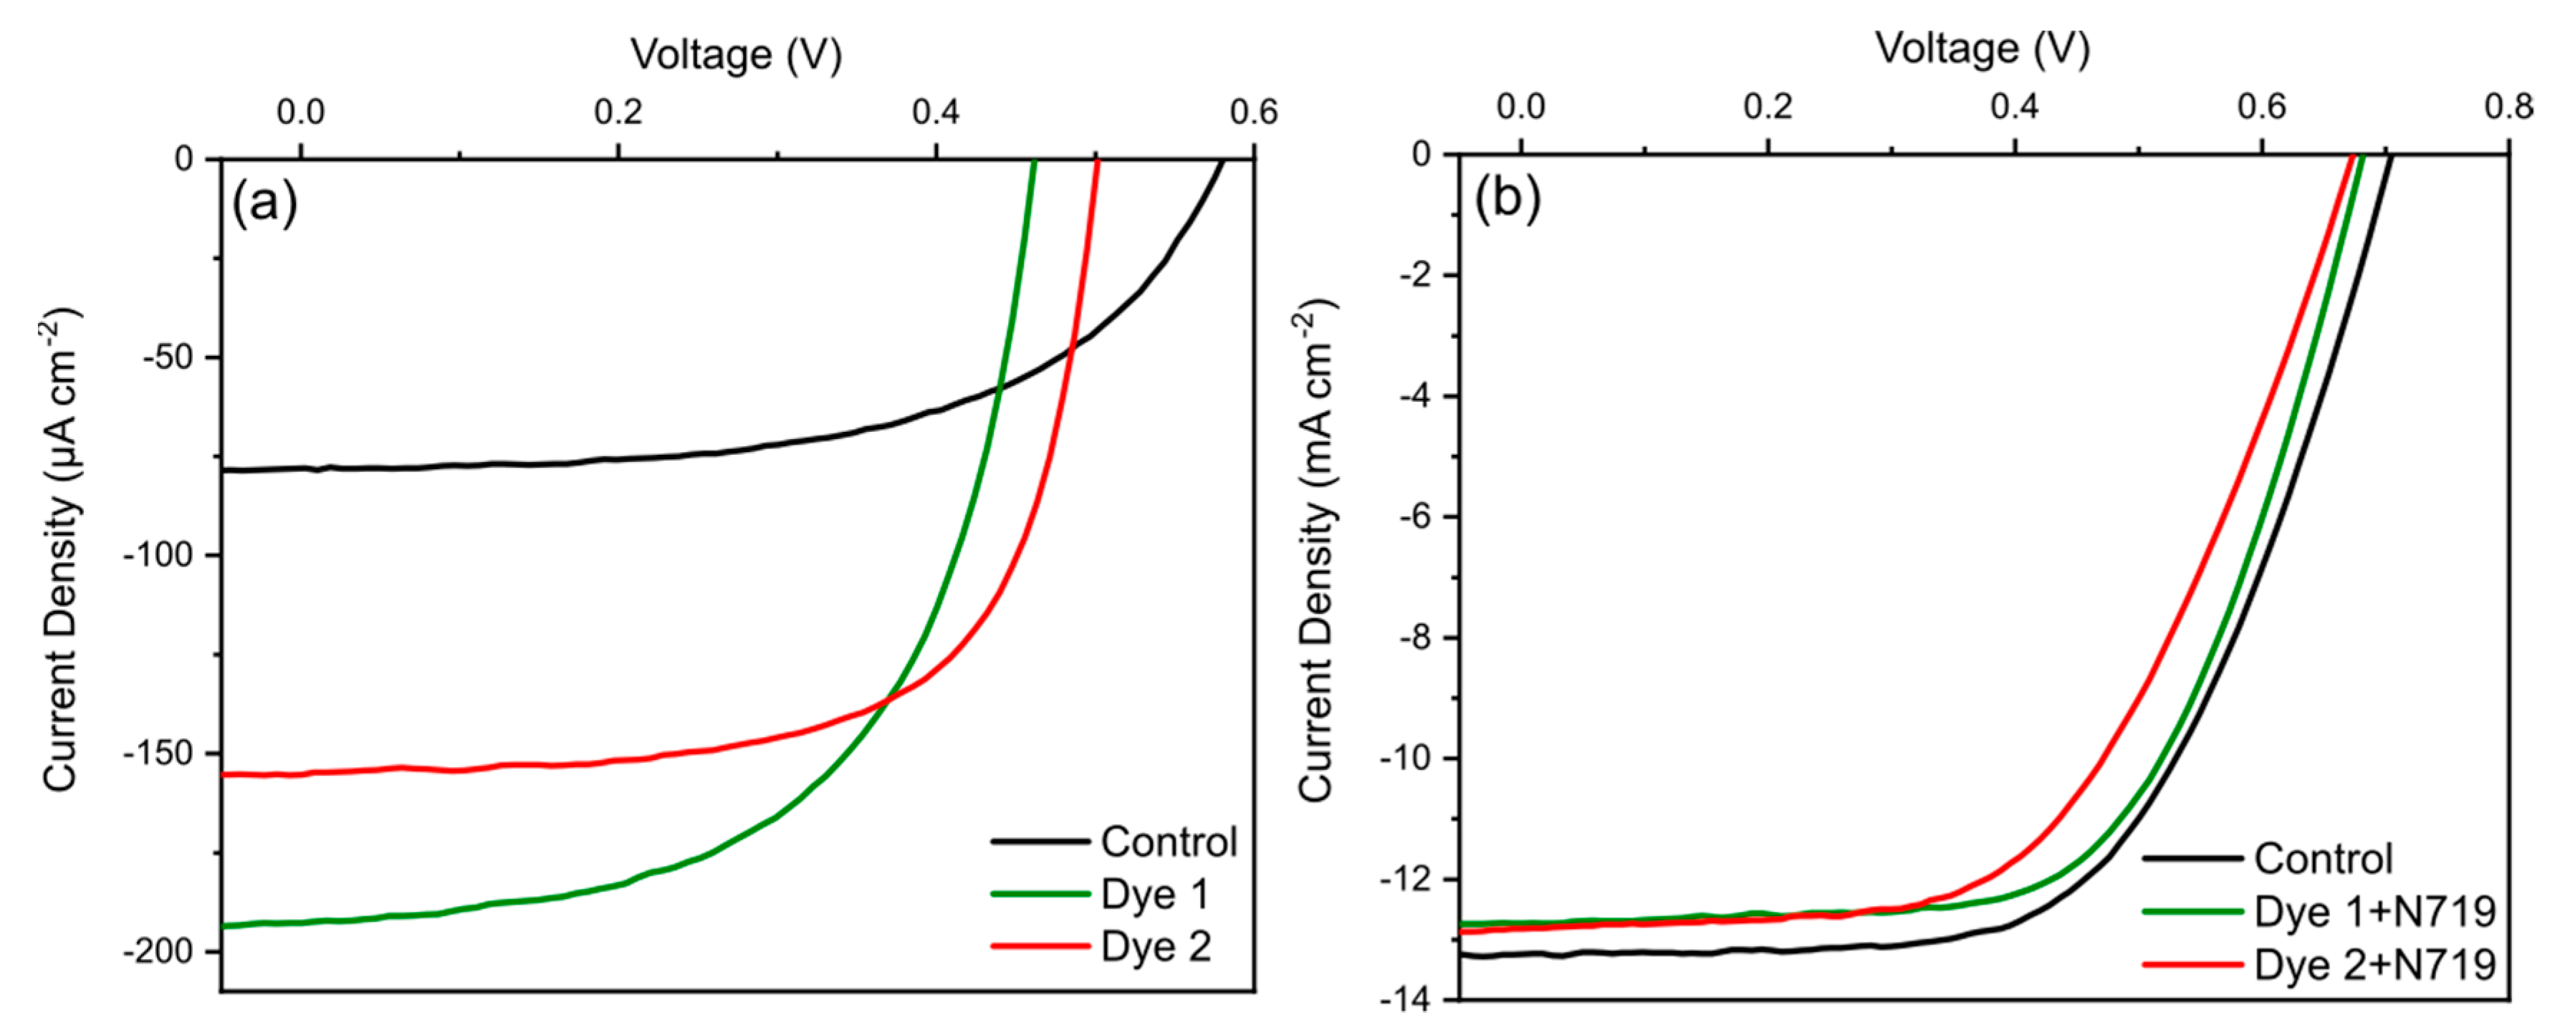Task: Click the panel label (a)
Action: (x=264, y=204)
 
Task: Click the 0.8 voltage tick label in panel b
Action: (x=2508, y=107)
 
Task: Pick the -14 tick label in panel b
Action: (x=1407, y=999)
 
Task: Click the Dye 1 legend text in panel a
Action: (x=1156, y=894)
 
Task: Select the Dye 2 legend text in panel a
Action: (x=1156, y=947)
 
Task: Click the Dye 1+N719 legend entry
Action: (x=2374, y=912)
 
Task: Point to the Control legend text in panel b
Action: (x=2323, y=859)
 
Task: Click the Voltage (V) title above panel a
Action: (x=736, y=54)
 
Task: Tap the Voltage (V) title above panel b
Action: (x=1982, y=49)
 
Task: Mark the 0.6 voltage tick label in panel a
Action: (x=1254, y=112)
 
